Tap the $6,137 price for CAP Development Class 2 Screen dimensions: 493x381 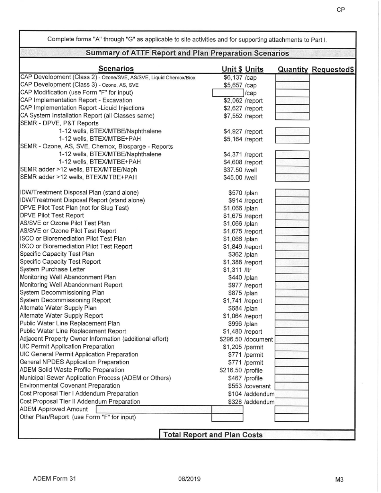tap(239, 77)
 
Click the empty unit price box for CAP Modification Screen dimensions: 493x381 tap(227, 93)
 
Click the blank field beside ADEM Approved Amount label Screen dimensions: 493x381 tap(152, 410)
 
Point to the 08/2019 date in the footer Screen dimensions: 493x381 tap(190, 479)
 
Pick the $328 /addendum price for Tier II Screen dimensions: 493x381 tap(251, 401)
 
